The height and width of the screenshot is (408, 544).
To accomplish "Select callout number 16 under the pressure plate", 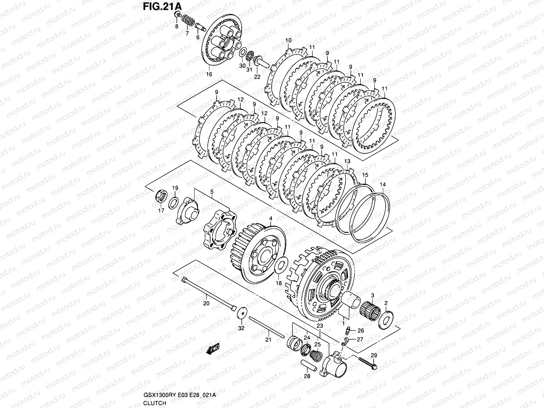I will [x=209, y=74].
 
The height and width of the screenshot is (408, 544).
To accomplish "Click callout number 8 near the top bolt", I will [x=177, y=26].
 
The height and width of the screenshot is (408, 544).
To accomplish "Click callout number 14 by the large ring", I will [x=383, y=185].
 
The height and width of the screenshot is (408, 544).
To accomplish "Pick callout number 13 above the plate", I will [x=347, y=161].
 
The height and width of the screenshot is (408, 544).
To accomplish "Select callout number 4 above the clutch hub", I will [x=271, y=218].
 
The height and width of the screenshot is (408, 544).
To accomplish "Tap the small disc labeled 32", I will [x=242, y=314].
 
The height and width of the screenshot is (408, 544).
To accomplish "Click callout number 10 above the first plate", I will [x=288, y=40].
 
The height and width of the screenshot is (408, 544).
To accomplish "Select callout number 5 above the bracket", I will [x=211, y=192].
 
